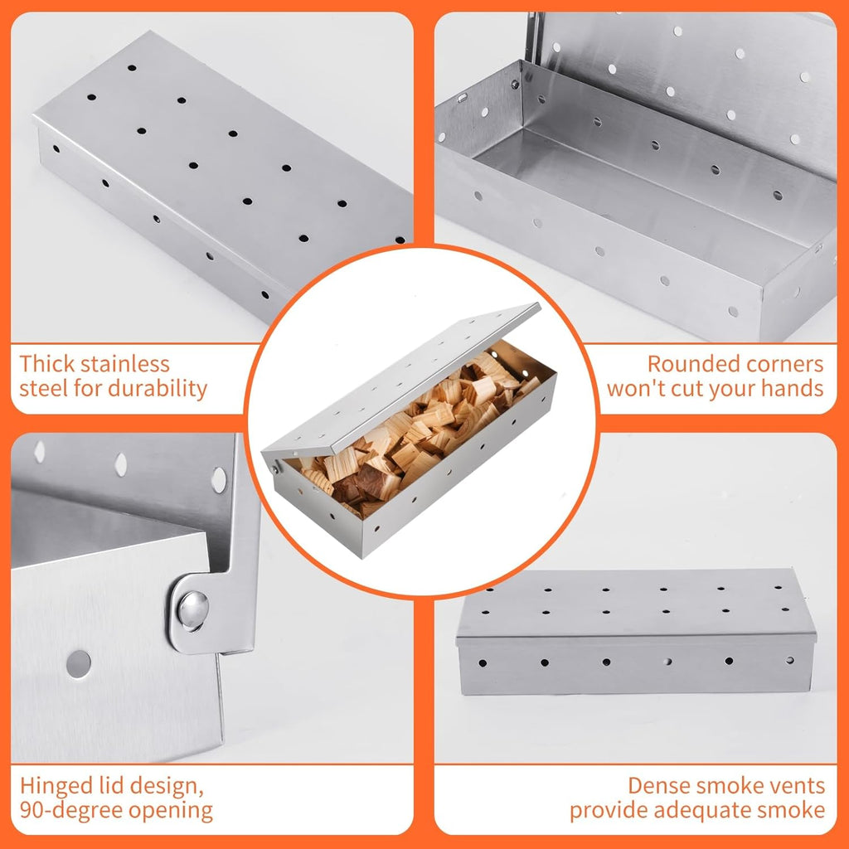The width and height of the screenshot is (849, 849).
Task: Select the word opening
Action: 176,810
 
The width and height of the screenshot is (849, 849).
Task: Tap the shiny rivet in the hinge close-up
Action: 192,609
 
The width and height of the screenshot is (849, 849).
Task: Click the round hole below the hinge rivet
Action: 79,663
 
